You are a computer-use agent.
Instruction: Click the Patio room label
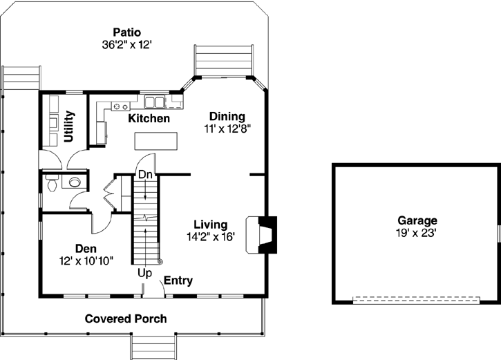[126, 32]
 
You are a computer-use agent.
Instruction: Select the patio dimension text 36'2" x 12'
[126, 44]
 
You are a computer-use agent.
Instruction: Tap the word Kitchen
[149, 119]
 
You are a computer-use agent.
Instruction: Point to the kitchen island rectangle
[156, 141]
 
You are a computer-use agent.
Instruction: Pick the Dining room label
[227, 116]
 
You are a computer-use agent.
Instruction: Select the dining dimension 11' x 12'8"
[227, 128]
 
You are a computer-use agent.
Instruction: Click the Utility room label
[69, 126]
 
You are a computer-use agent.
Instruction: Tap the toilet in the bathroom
[51, 183]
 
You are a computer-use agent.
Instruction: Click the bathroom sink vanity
[73, 182]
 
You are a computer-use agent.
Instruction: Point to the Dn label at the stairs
[144, 175]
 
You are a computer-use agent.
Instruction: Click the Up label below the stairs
[144, 274]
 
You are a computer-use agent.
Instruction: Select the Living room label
[210, 225]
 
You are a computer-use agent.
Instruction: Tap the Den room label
[86, 248]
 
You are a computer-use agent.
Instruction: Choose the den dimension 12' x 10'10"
[86, 260]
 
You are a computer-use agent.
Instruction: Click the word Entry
[178, 281]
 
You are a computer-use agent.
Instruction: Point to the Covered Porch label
[126, 319]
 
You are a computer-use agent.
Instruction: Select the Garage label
[417, 220]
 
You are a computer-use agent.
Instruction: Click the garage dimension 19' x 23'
[417, 233]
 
